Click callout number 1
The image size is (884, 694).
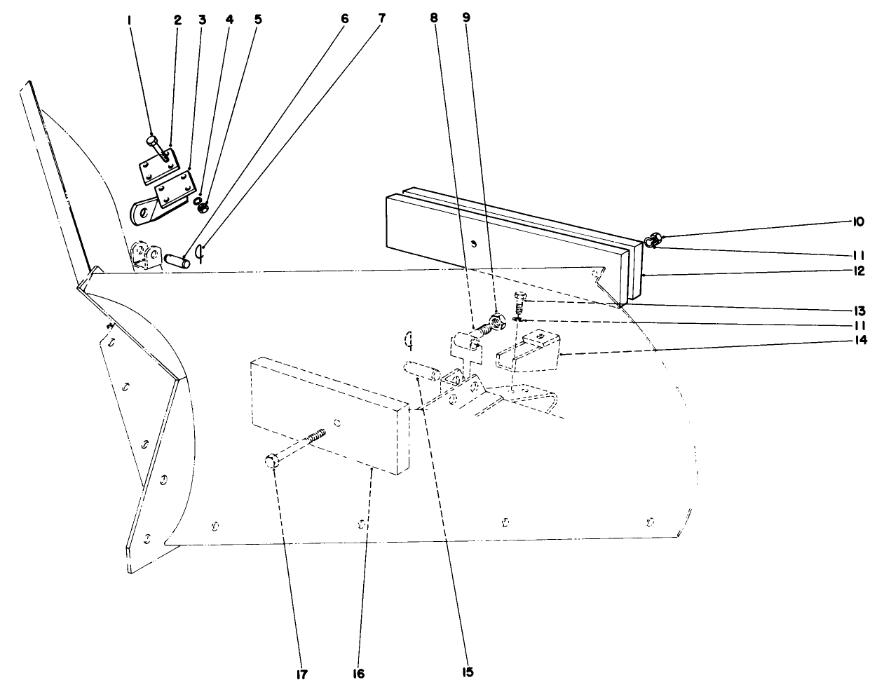[130, 20]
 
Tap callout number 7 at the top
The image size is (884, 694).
[381, 19]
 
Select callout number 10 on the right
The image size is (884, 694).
[858, 222]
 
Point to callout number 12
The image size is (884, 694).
[858, 271]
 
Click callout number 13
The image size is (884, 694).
[858, 309]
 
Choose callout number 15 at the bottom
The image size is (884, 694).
[468, 672]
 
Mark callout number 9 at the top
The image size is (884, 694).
[465, 19]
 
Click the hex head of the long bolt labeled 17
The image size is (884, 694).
[273, 461]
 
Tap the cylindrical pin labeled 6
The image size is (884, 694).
[177, 260]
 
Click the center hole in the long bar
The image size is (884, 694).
[474, 244]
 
